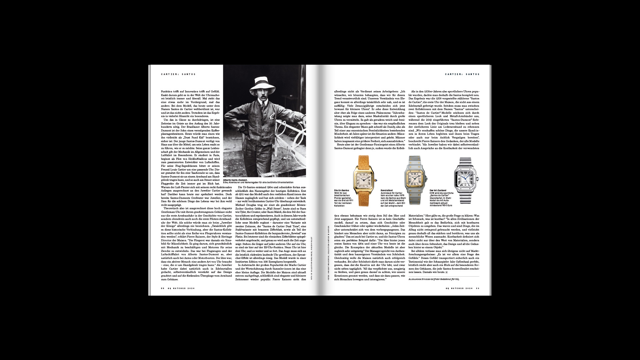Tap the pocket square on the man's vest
[x=273, y=116]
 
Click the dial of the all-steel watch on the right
[x=466, y=180]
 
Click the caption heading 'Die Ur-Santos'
[x=342, y=190]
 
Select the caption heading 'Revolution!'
[x=387, y=190]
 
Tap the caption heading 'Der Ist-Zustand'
[x=438, y=190]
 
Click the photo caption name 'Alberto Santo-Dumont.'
[x=238, y=180]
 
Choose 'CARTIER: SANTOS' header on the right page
[x=462, y=74]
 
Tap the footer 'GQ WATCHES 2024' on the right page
[x=459, y=288]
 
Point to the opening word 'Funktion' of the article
[x=167, y=91]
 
